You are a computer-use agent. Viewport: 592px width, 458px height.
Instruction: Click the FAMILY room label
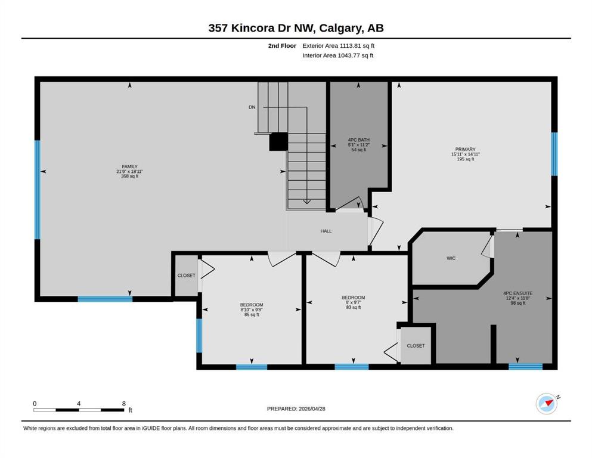[x=129, y=166]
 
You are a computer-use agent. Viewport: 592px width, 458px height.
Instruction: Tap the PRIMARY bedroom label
[x=465, y=150]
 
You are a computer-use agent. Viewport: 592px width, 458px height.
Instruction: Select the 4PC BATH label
[x=359, y=140]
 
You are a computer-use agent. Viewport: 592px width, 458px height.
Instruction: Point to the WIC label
[x=451, y=258]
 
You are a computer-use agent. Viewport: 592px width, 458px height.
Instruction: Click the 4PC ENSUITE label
[x=517, y=293]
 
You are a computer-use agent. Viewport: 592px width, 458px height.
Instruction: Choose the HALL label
[x=326, y=231]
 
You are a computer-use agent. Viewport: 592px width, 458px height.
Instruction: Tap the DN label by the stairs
[x=252, y=107]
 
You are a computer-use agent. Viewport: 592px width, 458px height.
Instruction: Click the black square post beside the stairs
[x=278, y=142]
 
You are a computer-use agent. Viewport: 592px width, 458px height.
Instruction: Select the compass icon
[x=547, y=404]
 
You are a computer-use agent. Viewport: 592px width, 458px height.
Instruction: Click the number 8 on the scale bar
[x=124, y=403]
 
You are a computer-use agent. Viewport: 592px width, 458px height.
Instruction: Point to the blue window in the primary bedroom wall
[x=554, y=154]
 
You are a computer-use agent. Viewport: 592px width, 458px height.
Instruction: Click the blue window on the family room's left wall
[x=38, y=190]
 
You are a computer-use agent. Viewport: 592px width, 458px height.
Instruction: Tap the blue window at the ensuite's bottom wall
[x=526, y=367]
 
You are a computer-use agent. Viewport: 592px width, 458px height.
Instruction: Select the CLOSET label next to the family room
[x=187, y=276]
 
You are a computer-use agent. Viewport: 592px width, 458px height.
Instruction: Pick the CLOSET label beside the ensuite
[x=416, y=346]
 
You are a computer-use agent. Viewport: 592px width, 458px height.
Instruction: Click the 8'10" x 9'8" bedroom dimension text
[x=252, y=310]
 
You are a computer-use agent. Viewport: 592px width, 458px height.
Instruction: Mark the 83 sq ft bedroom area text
[x=354, y=307]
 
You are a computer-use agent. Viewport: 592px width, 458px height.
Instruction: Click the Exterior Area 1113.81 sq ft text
[x=338, y=46]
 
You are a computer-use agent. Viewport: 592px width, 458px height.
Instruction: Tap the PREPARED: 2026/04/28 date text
[x=296, y=409]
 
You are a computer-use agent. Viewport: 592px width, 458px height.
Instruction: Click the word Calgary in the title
[x=342, y=28]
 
